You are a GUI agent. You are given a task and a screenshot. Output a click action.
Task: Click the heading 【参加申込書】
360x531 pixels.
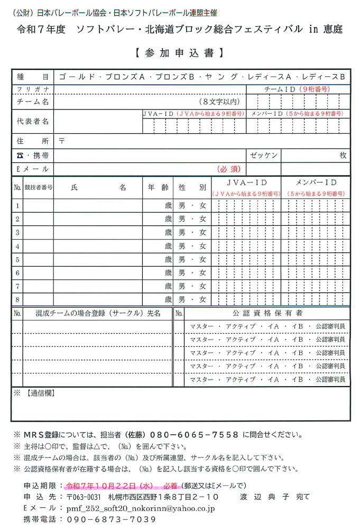(180, 53)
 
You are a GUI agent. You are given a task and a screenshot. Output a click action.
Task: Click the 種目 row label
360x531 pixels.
(33, 77)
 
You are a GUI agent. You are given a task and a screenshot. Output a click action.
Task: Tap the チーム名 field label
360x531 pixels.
(33, 102)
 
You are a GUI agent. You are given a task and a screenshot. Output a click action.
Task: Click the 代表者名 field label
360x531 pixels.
(33, 122)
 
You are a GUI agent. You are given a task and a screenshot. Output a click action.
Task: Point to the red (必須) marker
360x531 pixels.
(229, 169)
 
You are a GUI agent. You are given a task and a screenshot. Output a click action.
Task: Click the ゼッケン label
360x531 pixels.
(264, 155)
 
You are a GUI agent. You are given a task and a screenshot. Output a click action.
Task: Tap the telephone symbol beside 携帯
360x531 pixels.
(20, 155)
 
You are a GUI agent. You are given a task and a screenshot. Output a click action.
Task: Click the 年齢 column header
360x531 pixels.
(158, 188)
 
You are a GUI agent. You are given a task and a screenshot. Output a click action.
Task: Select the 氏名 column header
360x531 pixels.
(98, 188)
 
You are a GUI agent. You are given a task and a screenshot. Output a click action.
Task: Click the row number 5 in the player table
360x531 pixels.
(17, 260)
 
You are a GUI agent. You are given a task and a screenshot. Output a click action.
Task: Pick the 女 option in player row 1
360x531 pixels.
(202, 206)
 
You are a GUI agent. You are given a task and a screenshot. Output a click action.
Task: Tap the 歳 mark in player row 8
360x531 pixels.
(168, 299)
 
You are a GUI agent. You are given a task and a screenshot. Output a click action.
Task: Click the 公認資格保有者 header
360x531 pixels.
(267, 314)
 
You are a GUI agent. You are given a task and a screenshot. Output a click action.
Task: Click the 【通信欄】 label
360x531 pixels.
(40, 393)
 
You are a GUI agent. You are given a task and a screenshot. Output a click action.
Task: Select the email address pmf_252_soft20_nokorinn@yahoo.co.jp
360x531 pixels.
(140, 508)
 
